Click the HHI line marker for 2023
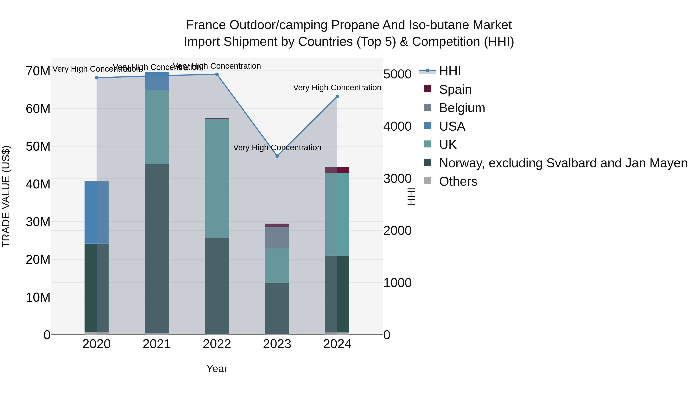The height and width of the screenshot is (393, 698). (x=277, y=156)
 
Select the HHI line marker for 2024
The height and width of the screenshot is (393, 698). (x=337, y=96)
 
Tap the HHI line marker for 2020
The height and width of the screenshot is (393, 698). (x=97, y=78)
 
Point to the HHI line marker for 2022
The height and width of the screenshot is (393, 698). (x=217, y=74)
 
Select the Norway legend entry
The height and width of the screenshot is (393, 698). (x=563, y=163)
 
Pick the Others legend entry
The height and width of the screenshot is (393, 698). (x=458, y=181)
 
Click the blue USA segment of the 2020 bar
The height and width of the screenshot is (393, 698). (x=97, y=212)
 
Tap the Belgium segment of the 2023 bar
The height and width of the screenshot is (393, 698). (x=277, y=237)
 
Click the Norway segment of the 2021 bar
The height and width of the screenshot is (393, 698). (x=157, y=248)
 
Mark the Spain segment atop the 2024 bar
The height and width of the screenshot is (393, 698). (x=337, y=170)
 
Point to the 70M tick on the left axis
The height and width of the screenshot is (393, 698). (x=38, y=71)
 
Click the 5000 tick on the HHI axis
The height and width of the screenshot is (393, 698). (x=397, y=74)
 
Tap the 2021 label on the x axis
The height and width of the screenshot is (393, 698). (x=157, y=344)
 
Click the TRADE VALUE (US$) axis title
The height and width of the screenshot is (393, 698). (x=6, y=196)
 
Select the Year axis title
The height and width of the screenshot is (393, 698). (x=217, y=369)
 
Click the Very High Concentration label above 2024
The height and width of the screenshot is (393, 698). (x=337, y=88)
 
